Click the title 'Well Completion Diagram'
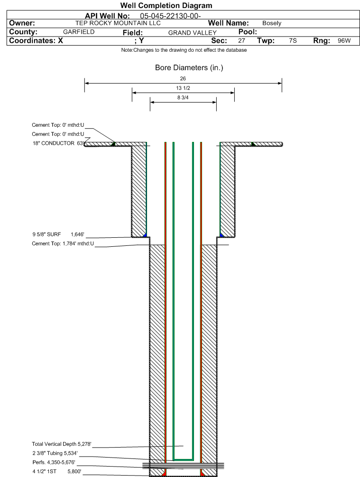pyautogui.click(x=166, y=6)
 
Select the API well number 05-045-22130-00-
pyautogui.click(x=170, y=16)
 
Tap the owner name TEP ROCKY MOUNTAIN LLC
pyautogui.click(x=118, y=23)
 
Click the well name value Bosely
pyautogui.click(x=272, y=23)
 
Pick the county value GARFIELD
pyautogui.click(x=79, y=32)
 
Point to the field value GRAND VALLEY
pyautogui.click(x=193, y=33)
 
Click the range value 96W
pyautogui.click(x=344, y=41)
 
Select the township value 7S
pyautogui.click(x=293, y=41)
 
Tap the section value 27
pyautogui.click(x=241, y=41)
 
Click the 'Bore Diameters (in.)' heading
pyautogui.click(x=189, y=67)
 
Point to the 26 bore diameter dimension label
pyautogui.click(x=183, y=78)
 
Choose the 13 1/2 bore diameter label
pyautogui.click(x=183, y=88)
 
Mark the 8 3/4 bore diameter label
pyautogui.click(x=183, y=97)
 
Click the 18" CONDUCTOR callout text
pyautogui.click(x=58, y=143)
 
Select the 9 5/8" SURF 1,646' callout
pyautogui.click(x=58, y=234)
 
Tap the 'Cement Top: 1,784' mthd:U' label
pyautogui.click(x=63, y=243)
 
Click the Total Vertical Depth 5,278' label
pyautogui.click(x=61, y=444)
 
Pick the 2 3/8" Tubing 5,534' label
pyautogui.click(x=55, y=453)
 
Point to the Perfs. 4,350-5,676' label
pyautogui.click(x=54, y=462)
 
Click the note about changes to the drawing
pyautogui.click(x=184, y=50)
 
